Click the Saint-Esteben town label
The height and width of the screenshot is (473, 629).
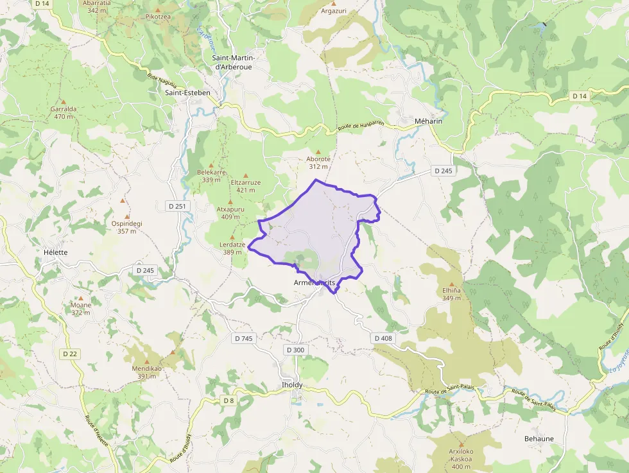(x=187, y=92)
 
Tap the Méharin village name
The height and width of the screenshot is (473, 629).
(x=429, y=121)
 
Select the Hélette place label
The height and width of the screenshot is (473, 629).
(x=55, y=252)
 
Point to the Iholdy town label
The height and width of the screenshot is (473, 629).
(x=292, y=384)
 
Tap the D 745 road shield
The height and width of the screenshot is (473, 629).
(x=244, y=338)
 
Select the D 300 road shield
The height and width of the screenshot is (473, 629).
(x=295, y=350)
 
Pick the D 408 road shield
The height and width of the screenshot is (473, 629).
(x=383, y=338)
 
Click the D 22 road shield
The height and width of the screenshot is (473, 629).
(x=70, y=354)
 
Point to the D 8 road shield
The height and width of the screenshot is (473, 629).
(x=228, y=400)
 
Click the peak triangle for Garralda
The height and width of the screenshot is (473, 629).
(x=63, y=101)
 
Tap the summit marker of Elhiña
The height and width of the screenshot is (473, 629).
(x=451, y=284)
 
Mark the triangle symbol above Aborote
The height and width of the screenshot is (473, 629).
(x=318, y=151)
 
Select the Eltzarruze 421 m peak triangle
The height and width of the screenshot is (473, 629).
(x=246, y=175)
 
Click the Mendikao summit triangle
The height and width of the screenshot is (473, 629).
(x=173, y=352)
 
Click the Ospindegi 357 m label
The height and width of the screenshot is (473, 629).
(x=126, y=227)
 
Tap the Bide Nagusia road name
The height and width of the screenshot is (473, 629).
(x=161, y=81)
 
